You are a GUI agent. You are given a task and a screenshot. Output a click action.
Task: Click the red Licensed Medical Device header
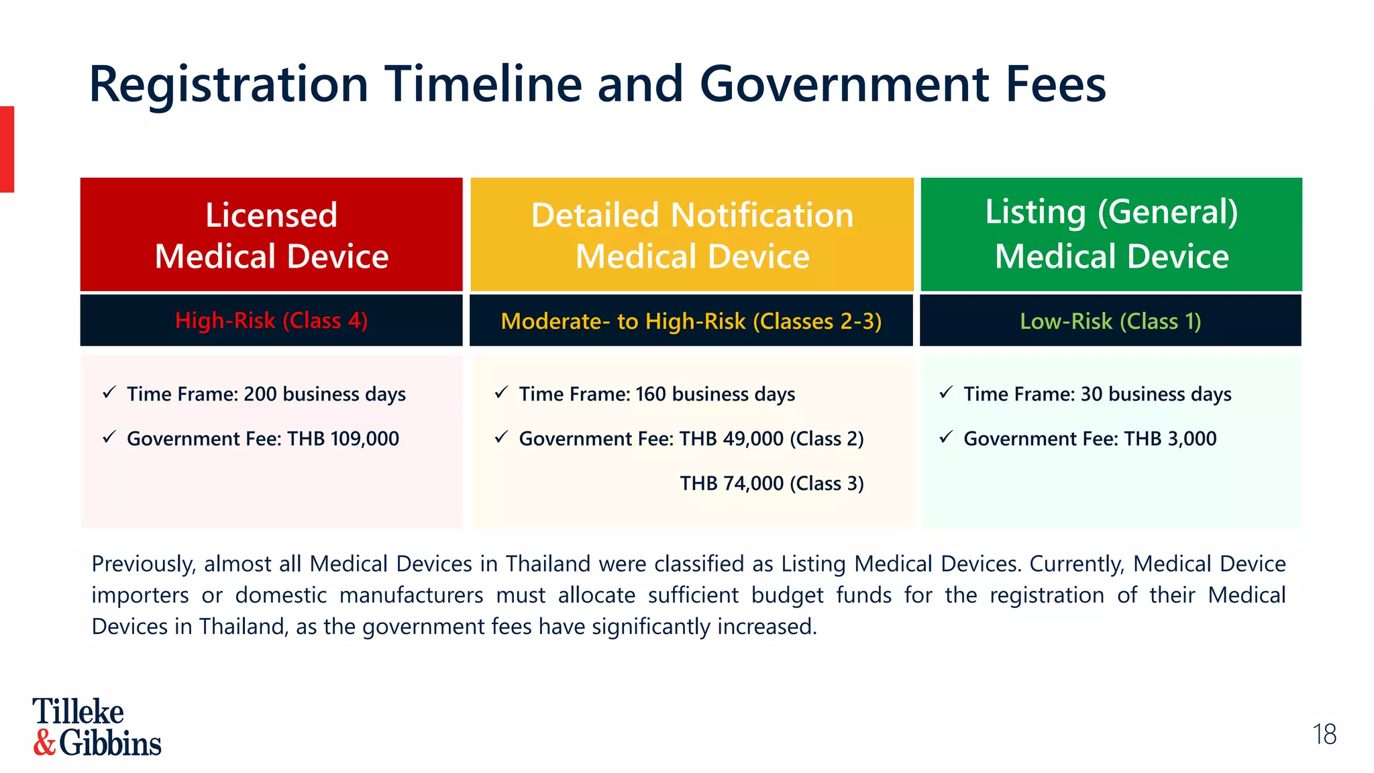tap(271, 235)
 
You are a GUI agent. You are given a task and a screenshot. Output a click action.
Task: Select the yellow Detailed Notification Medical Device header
tap(692, 235)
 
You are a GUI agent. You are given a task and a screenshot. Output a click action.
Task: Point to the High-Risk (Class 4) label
tap(271, 321)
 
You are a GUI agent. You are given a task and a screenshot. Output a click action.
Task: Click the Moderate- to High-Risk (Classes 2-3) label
tap(691, 321)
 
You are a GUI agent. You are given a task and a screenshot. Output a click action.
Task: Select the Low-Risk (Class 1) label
tap(1110, 321)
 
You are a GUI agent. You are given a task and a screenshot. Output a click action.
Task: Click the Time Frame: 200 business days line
tap(266, 394)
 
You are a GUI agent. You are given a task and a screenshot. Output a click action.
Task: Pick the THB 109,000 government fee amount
tap(343, 439)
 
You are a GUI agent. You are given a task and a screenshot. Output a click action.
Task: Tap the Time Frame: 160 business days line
tap(656, 394)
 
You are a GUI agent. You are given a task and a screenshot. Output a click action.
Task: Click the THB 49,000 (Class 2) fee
tap(772, 439)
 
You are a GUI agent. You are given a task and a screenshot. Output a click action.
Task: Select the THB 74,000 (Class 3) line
tap(772, 484)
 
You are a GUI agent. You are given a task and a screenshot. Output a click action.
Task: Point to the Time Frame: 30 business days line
tap(1097, 394)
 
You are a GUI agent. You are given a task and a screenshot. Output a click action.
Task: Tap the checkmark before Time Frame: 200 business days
tap(109, 393)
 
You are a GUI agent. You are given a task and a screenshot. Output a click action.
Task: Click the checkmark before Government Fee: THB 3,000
tap(946, 437)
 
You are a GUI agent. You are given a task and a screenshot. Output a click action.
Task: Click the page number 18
tap(1324, 735)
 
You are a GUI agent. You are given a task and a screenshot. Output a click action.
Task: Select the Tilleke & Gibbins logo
tap(97, 727)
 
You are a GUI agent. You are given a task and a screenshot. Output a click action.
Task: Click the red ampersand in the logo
tap(44, 743)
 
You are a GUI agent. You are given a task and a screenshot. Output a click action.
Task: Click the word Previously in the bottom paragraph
tap(143, 564)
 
